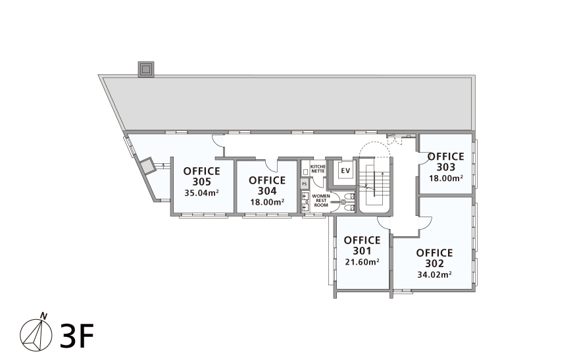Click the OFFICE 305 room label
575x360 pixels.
(x=202, y=176)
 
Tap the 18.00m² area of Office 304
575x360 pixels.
(x=268, y=202)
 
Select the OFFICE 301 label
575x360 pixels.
(x=362, y=245)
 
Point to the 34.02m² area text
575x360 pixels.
(x=435, y=274)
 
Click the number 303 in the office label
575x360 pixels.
(x=446, y=167)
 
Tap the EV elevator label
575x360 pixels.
(x=345, y=170)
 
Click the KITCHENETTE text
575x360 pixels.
(x=318, y=168)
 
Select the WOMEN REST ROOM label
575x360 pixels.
(x=321, y=200)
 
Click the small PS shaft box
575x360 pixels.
(x=305, y=183)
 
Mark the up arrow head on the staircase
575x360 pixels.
(x=382, y=174)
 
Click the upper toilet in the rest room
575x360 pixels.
(x=349, y=196)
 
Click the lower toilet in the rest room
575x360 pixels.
(x=349, y=208)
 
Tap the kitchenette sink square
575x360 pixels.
(x=305, y=171)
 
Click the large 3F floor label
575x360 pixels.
(x=76, y=336)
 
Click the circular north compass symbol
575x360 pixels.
(x=36, y=336)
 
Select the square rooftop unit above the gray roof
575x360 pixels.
(x=146, y=69)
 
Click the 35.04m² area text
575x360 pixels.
(x=202, y=193)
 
